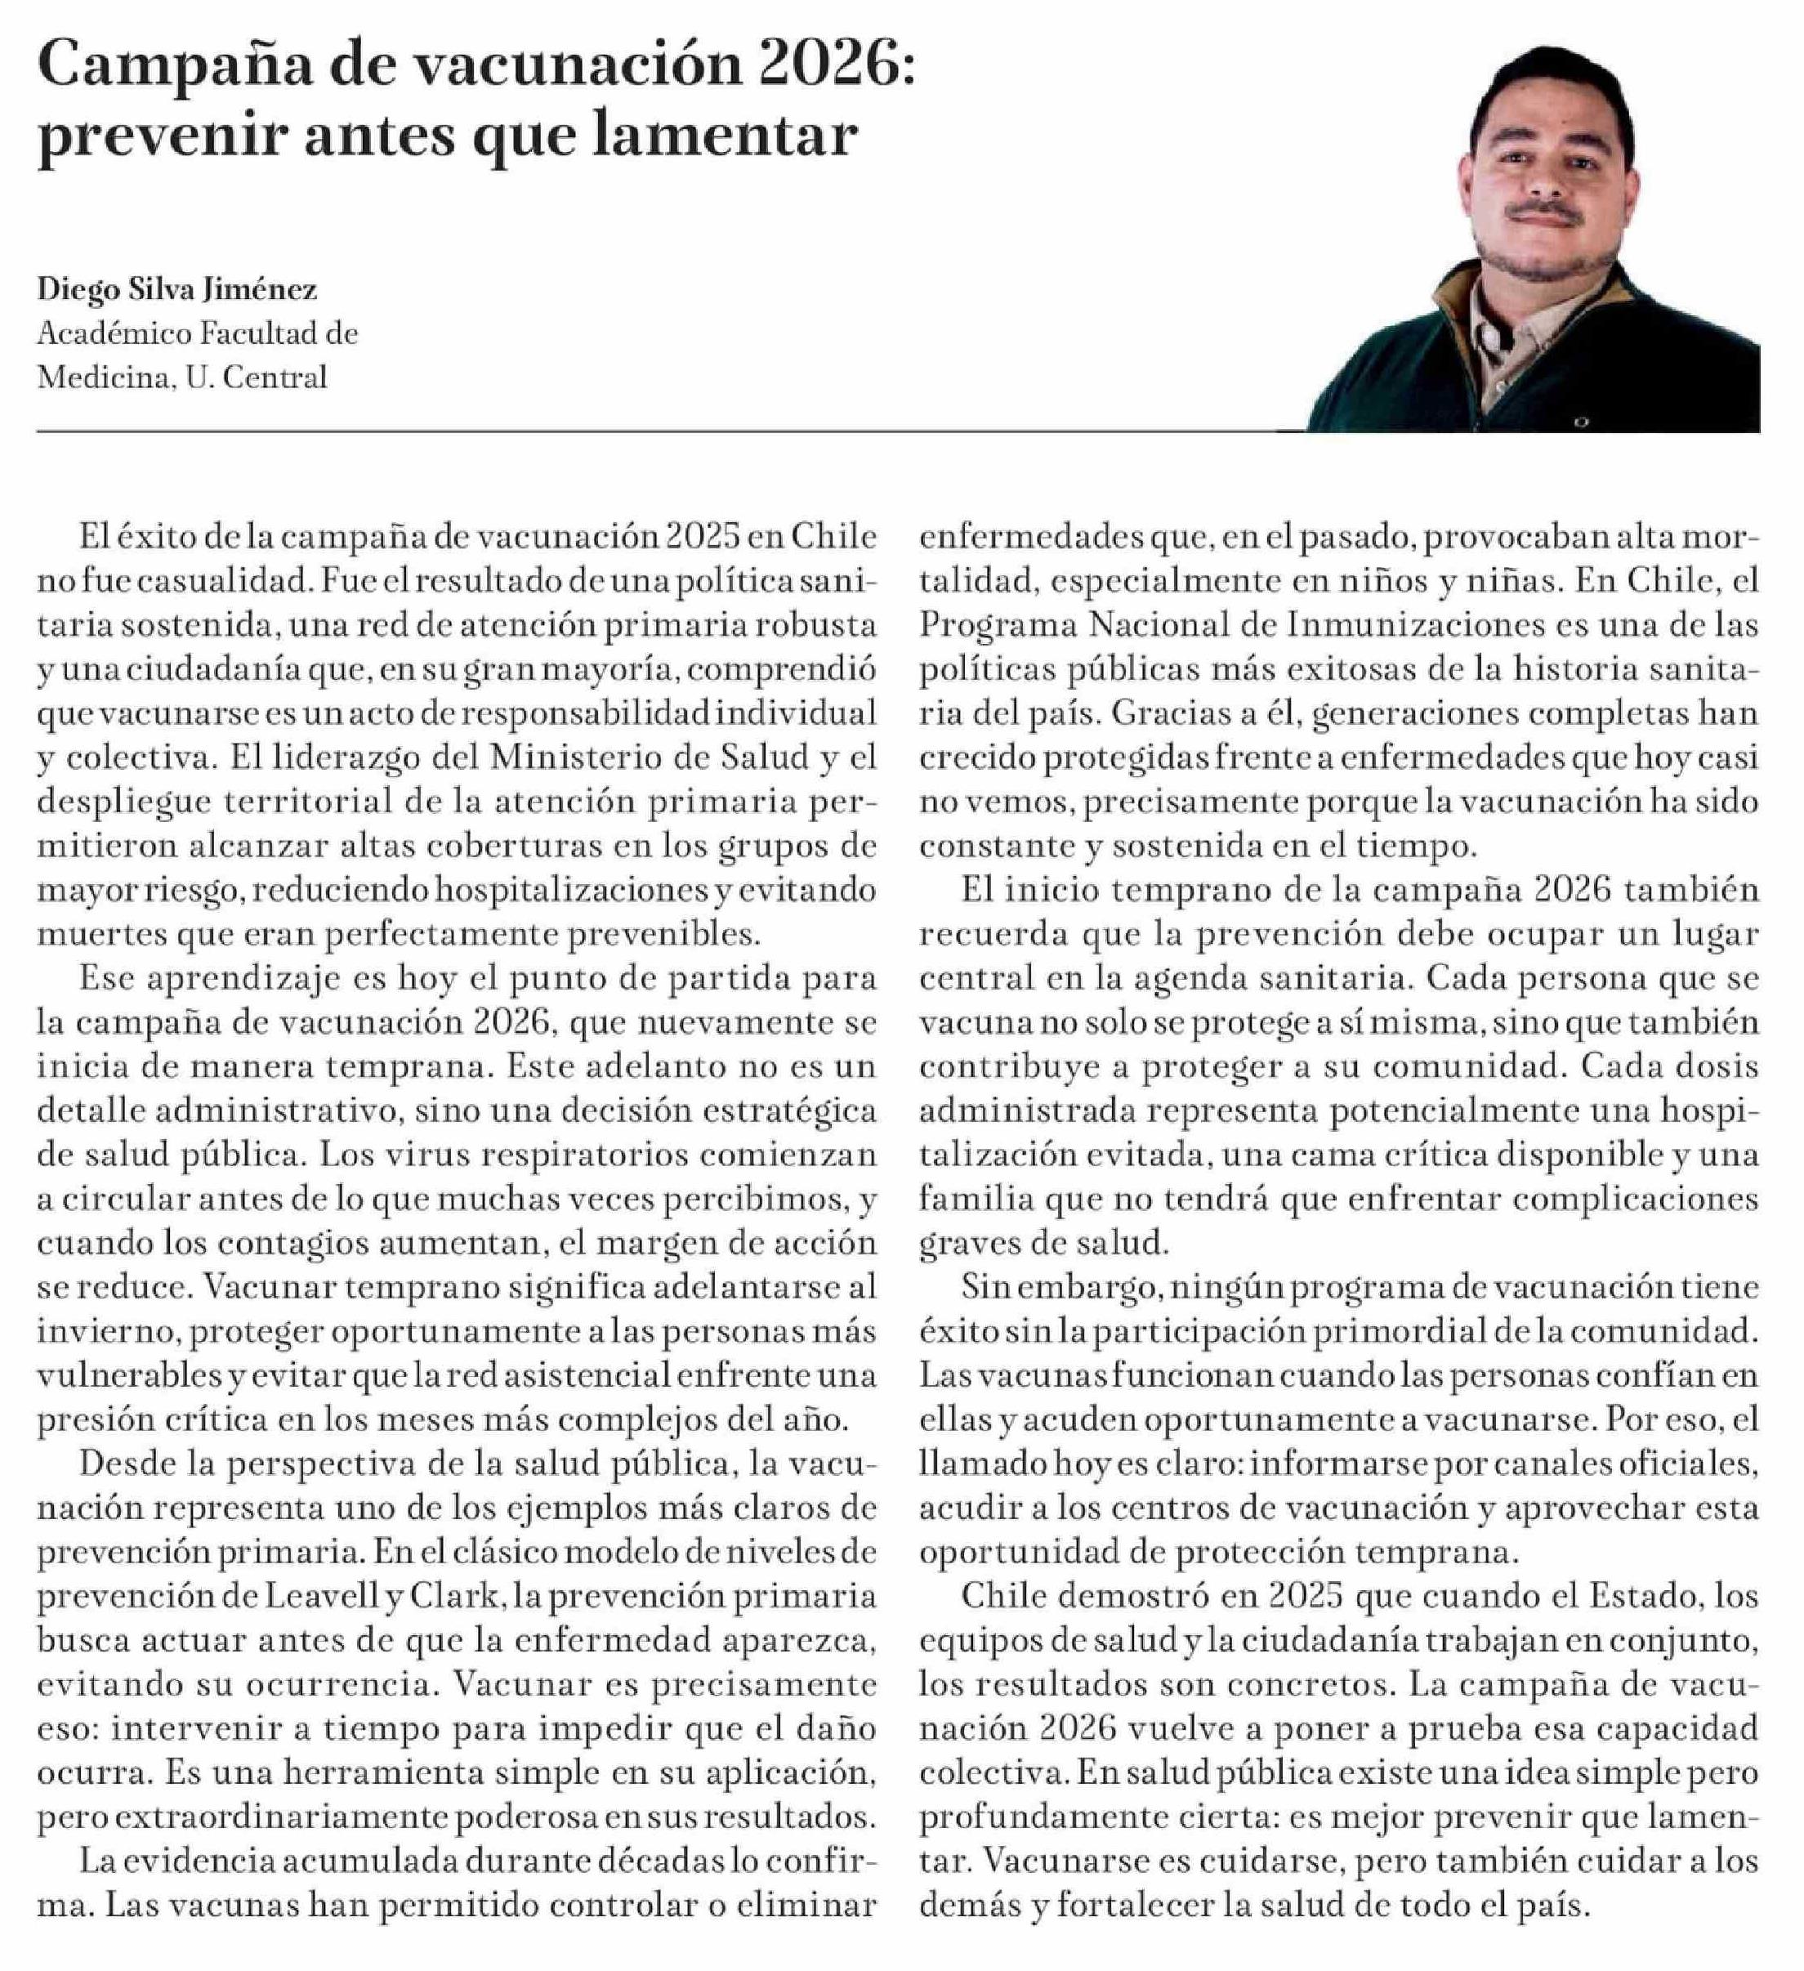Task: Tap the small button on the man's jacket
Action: click(x=1581, y=422)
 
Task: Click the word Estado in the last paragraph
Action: click(x=1645, y=1597)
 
